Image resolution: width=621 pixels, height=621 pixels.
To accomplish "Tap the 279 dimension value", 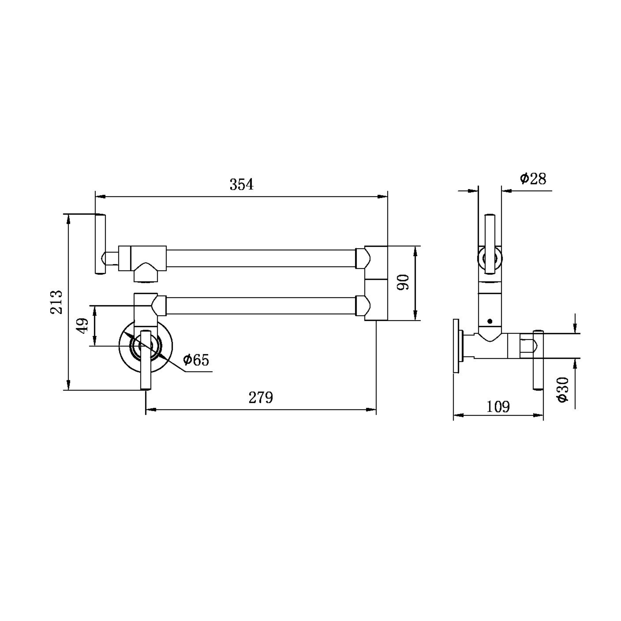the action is pyautogui.click(x=261, y=398).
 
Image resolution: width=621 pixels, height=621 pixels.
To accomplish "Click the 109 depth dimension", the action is pyautogui.click(x=498, y=407).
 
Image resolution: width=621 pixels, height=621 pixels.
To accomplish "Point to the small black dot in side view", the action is pyautogui.click(x=490, y=321).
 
